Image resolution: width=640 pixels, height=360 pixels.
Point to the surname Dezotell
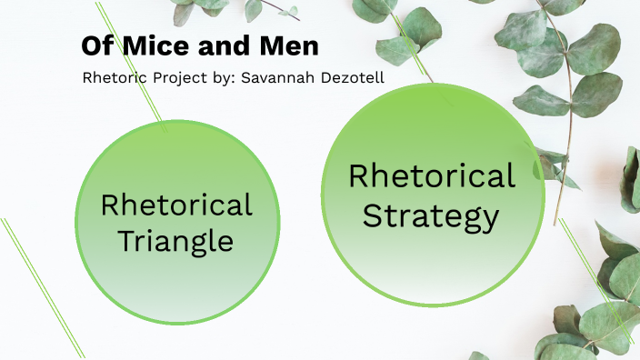coord(349,77)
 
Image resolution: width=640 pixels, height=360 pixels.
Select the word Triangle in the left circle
coord(176,242)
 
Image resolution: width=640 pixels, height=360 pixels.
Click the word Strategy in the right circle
coord(432,216)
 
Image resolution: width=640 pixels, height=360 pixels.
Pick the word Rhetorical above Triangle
coord(176,205)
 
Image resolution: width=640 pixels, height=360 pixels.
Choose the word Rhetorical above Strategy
coord(432,175)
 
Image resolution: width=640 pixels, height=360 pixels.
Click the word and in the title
coord(216,45)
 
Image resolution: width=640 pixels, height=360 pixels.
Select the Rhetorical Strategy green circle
coord(433,264)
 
